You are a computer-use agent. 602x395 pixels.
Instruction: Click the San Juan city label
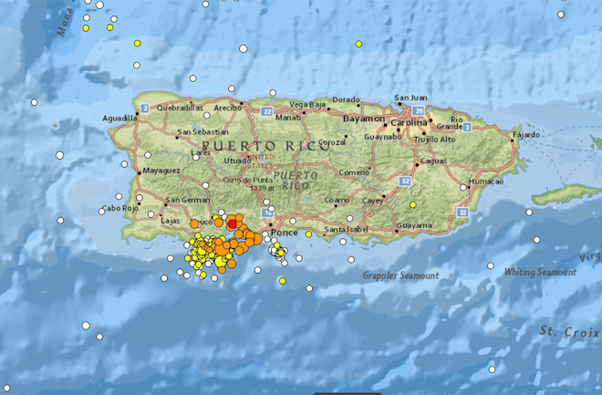[410, 98]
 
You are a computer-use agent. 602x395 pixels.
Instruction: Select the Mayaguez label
[162, 170]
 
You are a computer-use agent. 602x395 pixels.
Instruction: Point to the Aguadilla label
[120, 119]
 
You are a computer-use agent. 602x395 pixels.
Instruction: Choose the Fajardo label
[526, 135]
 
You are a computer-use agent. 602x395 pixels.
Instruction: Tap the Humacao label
[485, 182]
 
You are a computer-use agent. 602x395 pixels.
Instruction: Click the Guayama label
[414, 224]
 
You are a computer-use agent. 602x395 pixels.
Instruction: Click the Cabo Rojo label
[119, 208]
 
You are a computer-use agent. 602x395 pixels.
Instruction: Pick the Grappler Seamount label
[401, 275]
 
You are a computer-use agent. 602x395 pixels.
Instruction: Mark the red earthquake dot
[233, 223]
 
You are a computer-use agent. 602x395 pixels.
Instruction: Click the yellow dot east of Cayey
[412, 204]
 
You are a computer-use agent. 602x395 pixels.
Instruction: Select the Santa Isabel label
[347, 228]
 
